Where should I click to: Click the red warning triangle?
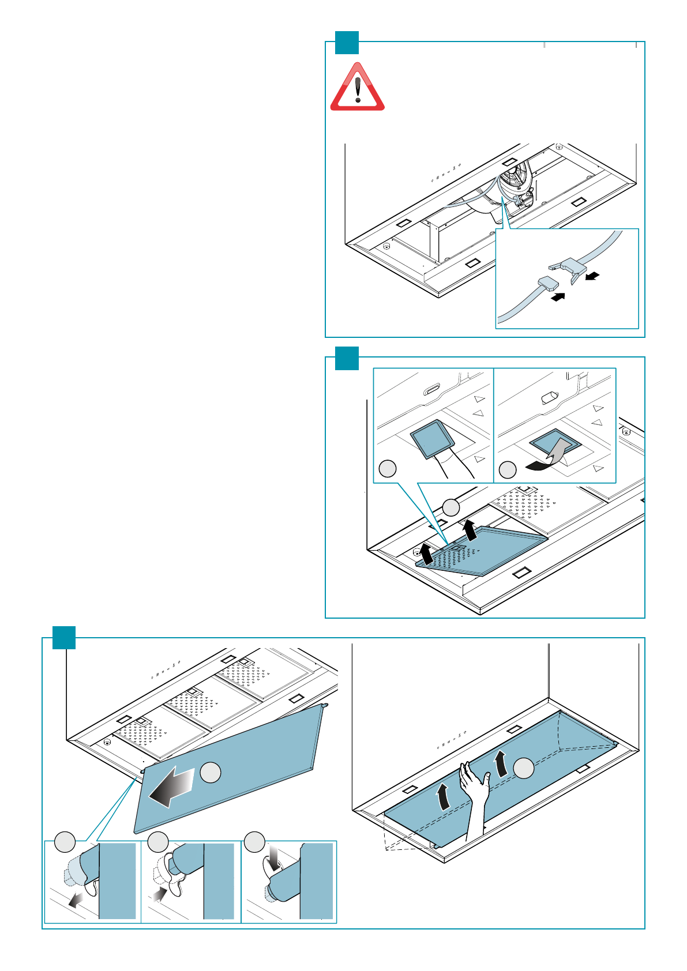[x=357, y=88]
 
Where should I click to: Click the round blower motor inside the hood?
[x=515, y=184]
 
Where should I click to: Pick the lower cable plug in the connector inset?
[x=547, y=283]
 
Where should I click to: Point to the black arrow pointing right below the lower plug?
[x=558, y=297]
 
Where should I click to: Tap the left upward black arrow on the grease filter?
[x=426, y=554]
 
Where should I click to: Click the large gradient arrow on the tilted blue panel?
[x=172, y=788]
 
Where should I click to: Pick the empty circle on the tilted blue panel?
[x=211, y=772]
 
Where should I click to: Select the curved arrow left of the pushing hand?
[x=443, y=797]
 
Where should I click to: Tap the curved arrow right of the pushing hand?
[x=501, y=764]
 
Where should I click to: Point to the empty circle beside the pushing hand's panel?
[x=524, y=768]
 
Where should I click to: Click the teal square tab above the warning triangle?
[x=347, y=43]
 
